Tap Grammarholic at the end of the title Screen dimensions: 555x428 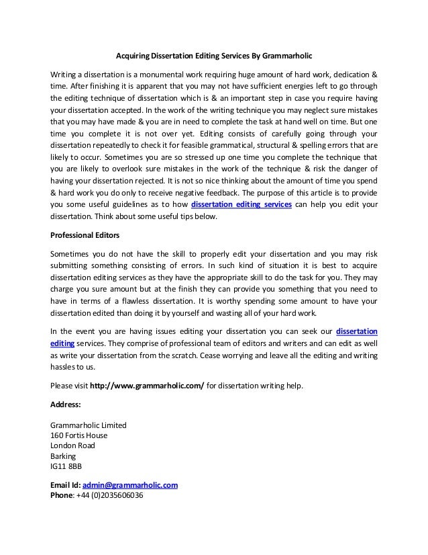pyautogui.click(x=286, y=54)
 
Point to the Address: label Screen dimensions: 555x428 pyautogui.click(x=66, y=405)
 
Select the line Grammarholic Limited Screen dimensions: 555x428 pyautogui.click(x=84, y=425)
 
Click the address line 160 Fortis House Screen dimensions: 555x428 pyautogui.click(x=79, y=435)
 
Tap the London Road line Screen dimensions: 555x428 pyautogui.click(x=73, y=445)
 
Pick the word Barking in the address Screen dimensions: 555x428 pyautogui.click(x=64, y=455)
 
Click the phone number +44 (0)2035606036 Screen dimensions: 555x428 pyautogui.click(x=110, y=495)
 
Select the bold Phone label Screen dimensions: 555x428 pyautogui.click(x=63, y=495)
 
